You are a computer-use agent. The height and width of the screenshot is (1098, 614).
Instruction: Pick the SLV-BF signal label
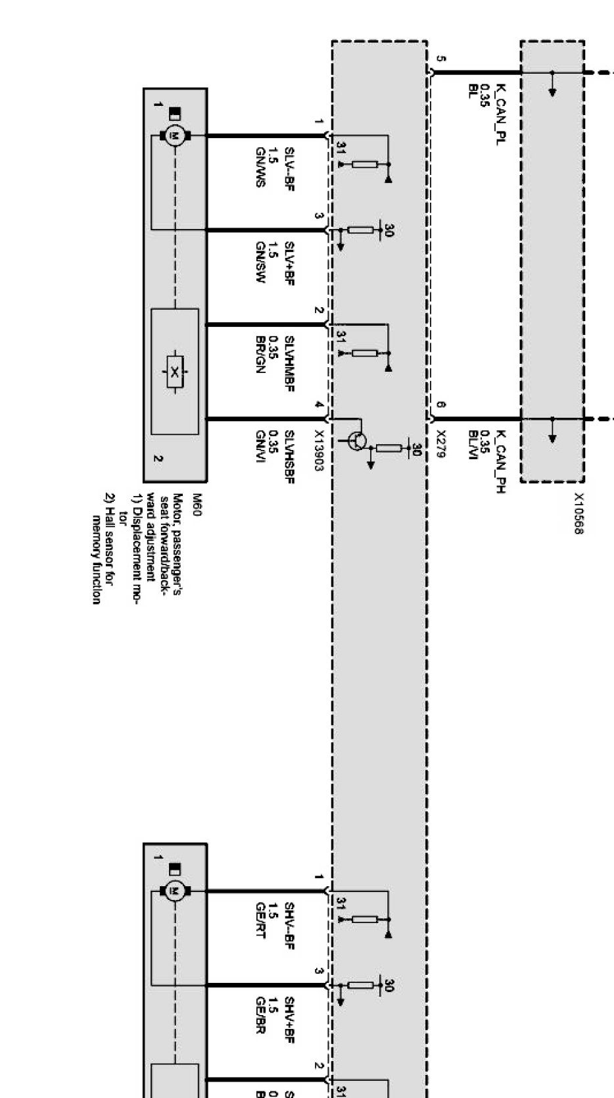[289, 168]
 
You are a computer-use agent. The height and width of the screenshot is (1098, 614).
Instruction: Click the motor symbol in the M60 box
[175, 136]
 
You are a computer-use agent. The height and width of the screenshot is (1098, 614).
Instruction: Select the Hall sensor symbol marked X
[174, 372]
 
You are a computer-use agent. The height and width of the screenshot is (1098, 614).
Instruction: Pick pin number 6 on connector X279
[441, 405]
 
